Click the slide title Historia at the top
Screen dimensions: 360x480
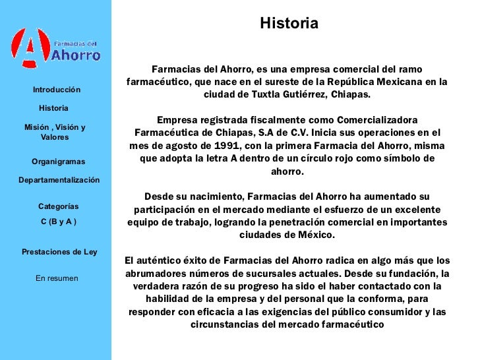click(x=289, y=24)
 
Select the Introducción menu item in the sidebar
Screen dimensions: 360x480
click(x=57, y=90)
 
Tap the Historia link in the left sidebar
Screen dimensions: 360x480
click(x=54, y=107)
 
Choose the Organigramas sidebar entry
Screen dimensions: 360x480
click(x=58, y=162)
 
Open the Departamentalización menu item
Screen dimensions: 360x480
click(x=59, y=180)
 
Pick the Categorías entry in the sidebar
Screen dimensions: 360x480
click(x=58, y=206)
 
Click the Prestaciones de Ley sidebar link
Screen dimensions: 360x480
click(x=59, y=252)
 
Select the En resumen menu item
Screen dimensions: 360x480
click(x=57, y=278)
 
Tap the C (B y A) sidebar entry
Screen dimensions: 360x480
click(x=58, y=222)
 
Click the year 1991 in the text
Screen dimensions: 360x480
click(x=238, y=145)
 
